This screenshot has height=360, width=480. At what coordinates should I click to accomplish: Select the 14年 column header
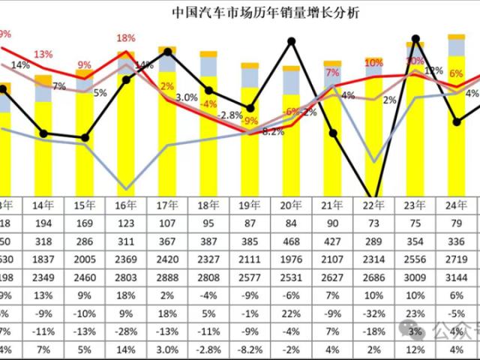[x=43, y=205]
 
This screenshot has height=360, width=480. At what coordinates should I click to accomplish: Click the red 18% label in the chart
[x=125, y=37]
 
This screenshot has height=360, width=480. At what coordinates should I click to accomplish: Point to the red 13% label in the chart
[x=43, y=54]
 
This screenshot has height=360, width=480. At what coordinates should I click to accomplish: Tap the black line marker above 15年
[x=85, y=138]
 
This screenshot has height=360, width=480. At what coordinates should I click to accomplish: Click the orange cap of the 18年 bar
[x=208, y=54]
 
